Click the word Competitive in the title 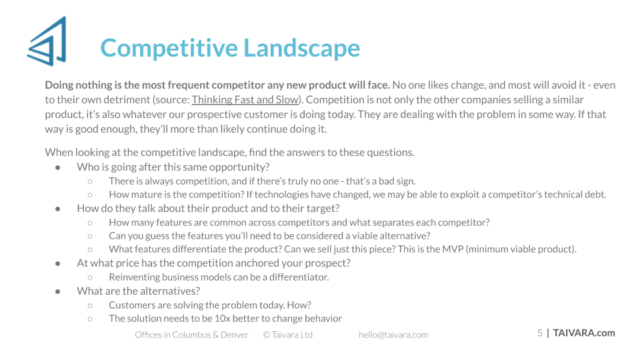[169, 48]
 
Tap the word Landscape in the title [302, 48]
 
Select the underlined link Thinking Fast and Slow [245, 99]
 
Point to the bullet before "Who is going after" [58, 167]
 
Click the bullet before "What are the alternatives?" [58, 291]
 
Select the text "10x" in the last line [222, 319]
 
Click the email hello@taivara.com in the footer [393, 335]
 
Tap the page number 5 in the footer [539, 333]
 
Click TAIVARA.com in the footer [584, 333]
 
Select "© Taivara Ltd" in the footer [288, 335]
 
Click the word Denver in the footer [235, 335]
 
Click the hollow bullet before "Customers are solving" [90, 305]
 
